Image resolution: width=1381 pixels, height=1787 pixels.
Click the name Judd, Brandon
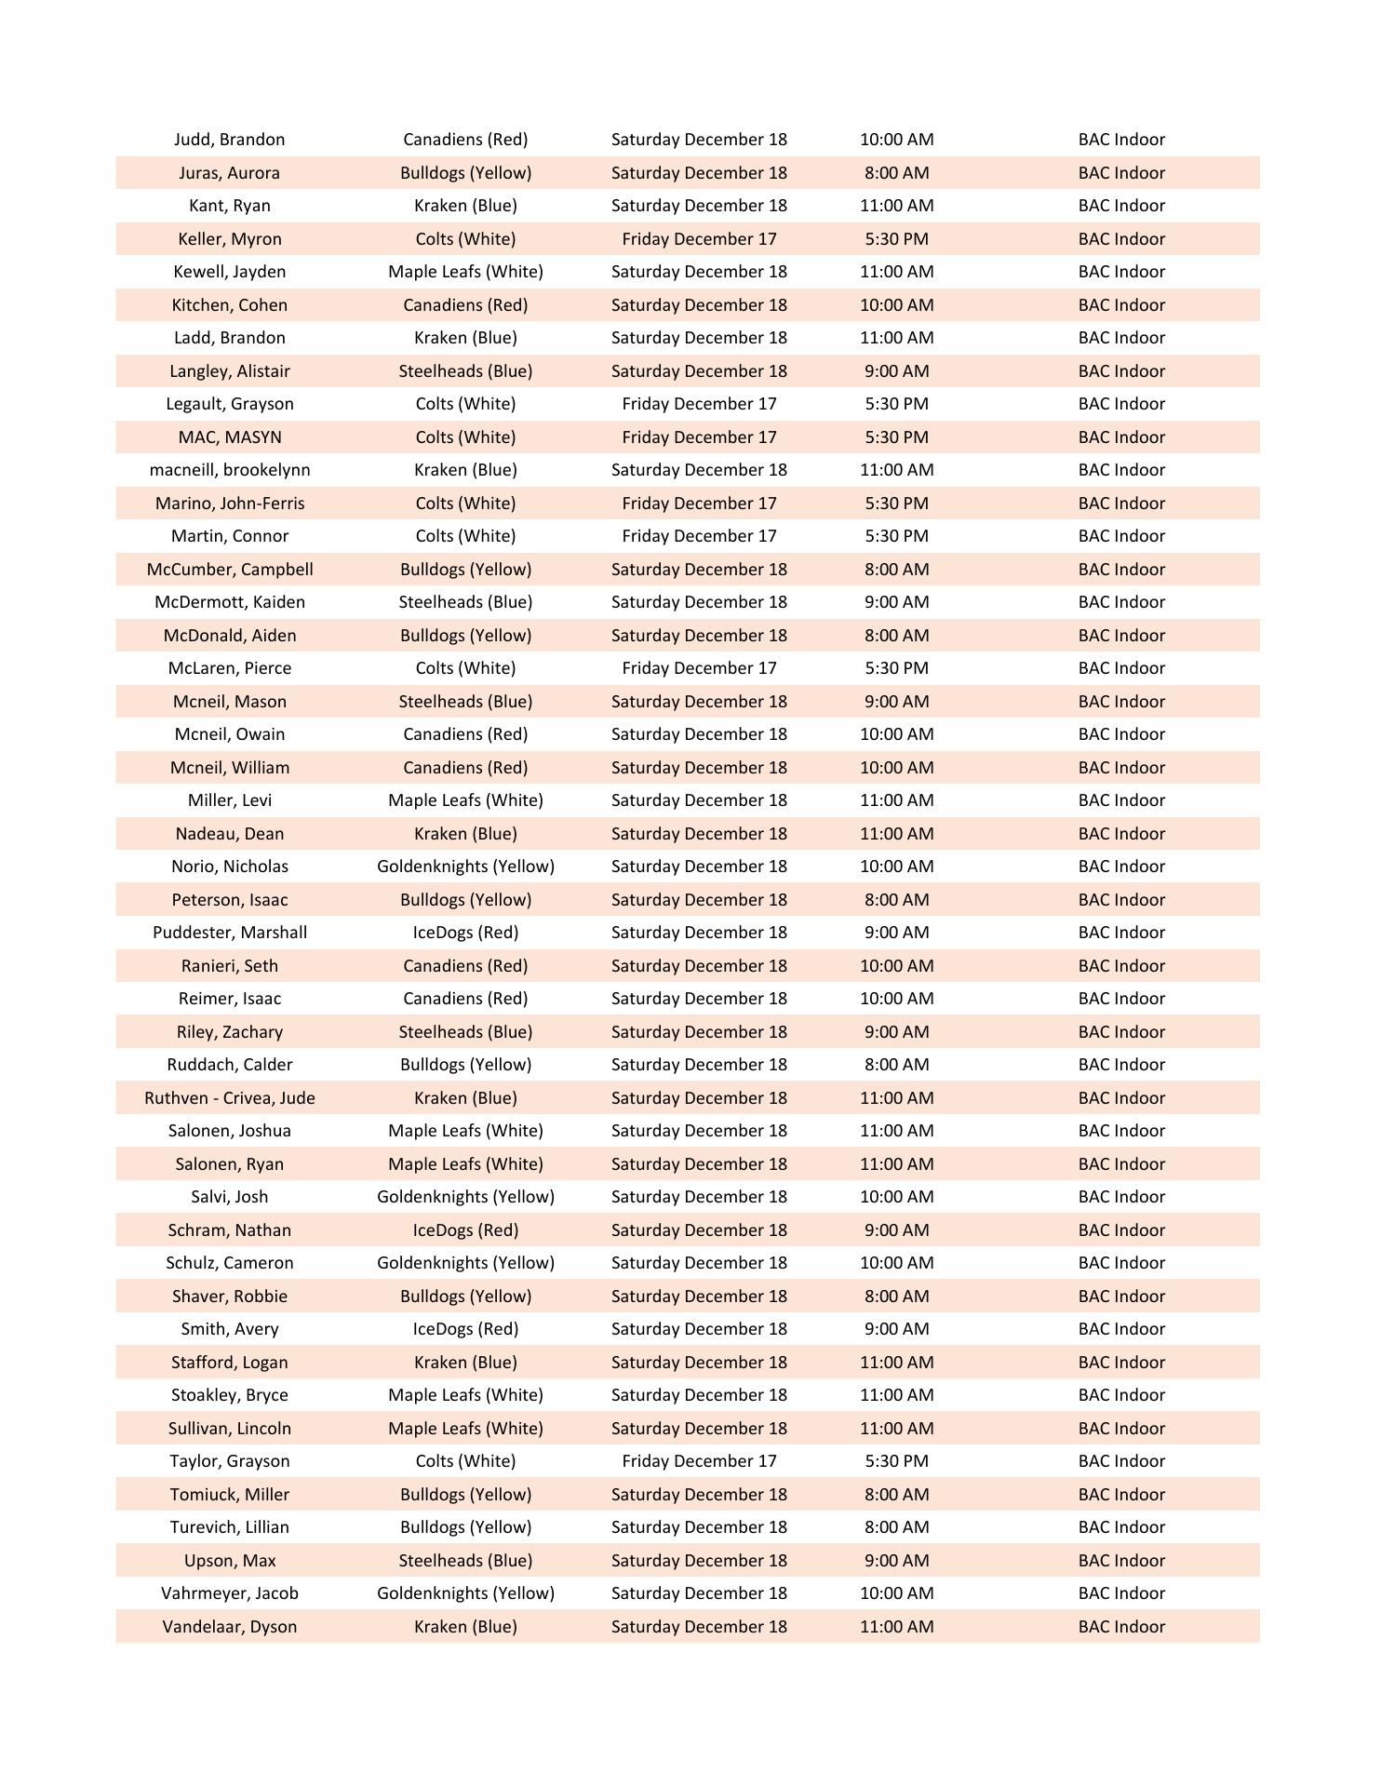coord(229,140)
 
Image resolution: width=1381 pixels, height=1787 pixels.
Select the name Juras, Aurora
coord(229,173)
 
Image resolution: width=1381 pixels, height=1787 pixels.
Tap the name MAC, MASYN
coord(229,437)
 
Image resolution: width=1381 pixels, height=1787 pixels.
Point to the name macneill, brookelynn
coord(229,470)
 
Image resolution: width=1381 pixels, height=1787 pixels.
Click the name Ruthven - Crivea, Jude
coord(229,1098)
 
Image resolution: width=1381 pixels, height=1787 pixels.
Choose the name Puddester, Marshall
coord(229,933)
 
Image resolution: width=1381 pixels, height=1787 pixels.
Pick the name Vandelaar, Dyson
coord(229,1627)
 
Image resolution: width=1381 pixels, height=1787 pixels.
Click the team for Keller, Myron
coord(465,239)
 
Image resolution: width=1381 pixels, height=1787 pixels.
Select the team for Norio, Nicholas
coord(465,867)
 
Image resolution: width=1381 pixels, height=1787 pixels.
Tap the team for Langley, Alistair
coord(465,371)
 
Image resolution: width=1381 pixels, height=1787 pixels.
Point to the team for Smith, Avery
coord(465,1329)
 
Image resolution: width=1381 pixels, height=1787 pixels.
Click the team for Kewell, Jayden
coord(465,272)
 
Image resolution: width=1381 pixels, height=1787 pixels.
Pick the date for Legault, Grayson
coord(699,404)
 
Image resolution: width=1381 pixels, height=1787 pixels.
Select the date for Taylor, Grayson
coord(699,1461)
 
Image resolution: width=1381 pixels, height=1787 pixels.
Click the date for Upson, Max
coord(699,1561)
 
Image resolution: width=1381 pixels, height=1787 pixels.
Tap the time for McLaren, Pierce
coord(896,668)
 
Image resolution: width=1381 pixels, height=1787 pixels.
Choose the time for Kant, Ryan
coord(896,206)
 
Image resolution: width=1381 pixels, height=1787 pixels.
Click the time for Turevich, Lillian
coord(896,1527)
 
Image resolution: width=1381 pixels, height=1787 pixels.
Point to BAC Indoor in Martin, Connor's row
coord(1121,536)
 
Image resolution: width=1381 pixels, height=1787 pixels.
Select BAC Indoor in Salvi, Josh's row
coord(1121,1197)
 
